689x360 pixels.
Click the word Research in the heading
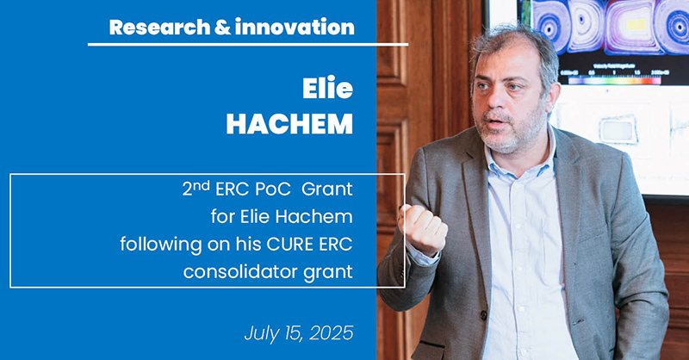pos(159,28)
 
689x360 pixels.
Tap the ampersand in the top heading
pos(222,28)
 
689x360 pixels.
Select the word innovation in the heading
pos(295,28)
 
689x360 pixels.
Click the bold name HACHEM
pos(289,124)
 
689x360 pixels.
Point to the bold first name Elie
pos(327,88)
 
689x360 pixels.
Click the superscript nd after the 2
pos(202,186)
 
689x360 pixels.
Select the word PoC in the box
pos(272,189)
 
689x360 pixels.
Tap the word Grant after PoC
pos(327,189)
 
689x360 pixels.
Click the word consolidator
pos(241,271)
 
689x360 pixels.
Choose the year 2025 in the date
pos(332,333)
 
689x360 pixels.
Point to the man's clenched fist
pos(423,228)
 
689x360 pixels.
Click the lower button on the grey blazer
pos(484,314)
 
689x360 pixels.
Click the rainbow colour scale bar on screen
pos(614,81)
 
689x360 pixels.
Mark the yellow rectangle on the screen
pos(636,25)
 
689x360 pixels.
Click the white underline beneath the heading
pos(248,45)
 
